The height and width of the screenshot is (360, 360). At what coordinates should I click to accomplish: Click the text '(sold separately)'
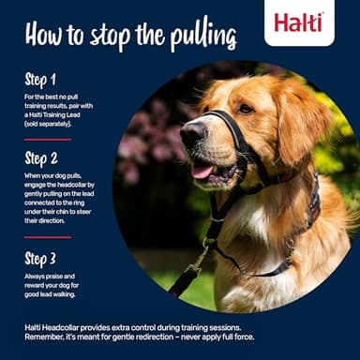click(54, 123)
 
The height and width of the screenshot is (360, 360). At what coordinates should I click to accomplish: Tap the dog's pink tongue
click(202, 171)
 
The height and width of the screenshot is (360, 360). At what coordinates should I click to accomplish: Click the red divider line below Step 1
click(47, 139)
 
